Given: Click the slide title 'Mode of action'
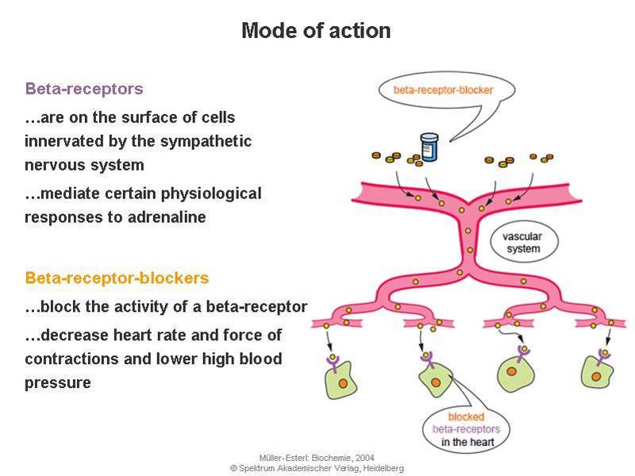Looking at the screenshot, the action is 316,31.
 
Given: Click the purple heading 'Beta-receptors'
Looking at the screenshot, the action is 84,89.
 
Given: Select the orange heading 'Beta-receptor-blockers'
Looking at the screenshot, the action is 117,278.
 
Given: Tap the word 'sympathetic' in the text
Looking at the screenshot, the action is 206,142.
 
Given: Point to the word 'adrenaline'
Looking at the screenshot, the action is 167,217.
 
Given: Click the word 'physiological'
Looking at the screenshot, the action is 211,194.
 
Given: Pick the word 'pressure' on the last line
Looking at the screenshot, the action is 58,383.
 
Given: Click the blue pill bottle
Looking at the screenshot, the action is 429,148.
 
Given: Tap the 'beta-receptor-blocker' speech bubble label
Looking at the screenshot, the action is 443,90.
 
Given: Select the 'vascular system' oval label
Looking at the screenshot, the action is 524,242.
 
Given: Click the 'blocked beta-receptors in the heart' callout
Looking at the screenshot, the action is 466,429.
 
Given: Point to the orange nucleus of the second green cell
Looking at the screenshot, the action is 436,382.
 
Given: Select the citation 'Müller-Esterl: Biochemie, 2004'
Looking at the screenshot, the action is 317,458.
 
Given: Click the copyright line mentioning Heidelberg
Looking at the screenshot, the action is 317,468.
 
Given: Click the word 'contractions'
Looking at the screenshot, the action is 71,359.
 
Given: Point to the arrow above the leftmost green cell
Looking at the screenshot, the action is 329,341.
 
